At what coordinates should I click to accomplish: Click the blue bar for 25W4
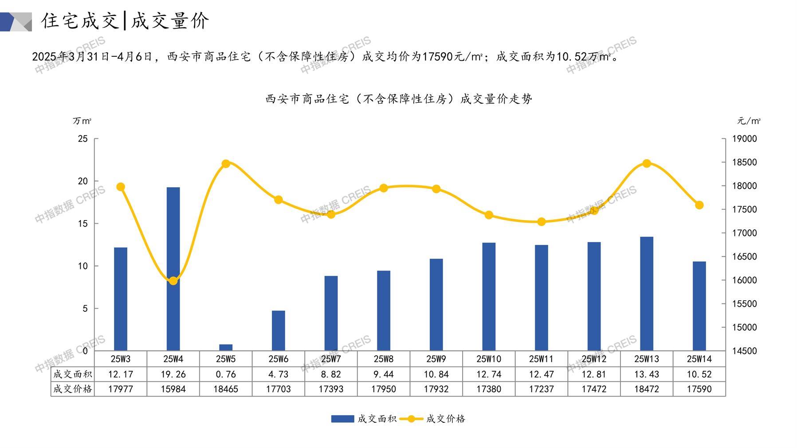pos(173,268)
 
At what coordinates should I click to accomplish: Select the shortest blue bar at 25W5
pos(226,347)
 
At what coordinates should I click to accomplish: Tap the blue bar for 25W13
pos(646,293)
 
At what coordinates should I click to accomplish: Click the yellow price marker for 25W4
pos(173,281)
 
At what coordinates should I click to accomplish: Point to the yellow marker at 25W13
pos(646,164)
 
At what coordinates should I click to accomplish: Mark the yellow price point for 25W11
pos(541,222)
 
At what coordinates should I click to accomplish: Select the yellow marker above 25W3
pos(121,187)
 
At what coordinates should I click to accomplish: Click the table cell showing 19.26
pos(173,374)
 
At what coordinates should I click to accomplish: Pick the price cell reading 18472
pos(646,389)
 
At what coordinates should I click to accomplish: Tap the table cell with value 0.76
pos(226,374)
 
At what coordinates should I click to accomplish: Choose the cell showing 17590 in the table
pos(699,389)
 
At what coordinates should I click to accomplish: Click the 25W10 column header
pos(489,359)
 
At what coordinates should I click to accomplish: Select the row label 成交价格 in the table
pos(73,389)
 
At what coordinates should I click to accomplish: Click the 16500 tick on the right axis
pos(744,257)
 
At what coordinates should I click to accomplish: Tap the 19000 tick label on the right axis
pos(744,139)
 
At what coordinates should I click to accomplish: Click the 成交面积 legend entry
pos(364,419)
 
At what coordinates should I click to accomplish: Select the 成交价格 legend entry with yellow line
pos(433,419)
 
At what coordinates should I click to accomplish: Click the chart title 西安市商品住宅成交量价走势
pos(398,99)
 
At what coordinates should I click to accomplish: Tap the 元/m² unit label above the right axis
pos(749,121)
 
